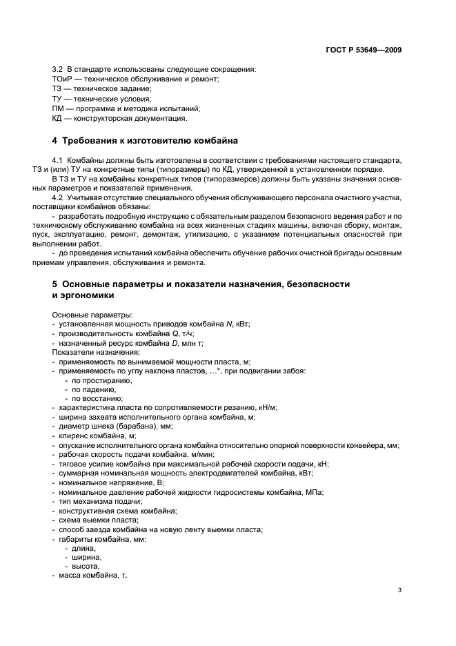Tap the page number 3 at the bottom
point(400,590)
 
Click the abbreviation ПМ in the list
point(58,108)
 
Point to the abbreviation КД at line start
point(57,118)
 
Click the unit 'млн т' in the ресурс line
point(192,343)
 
